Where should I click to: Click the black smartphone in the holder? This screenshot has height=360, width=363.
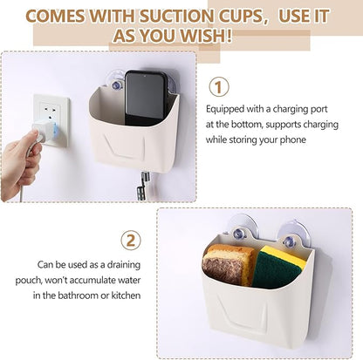[x=146, y=98]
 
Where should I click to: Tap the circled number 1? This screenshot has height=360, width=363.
[x=219, y=87]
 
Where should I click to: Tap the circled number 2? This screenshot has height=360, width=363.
[x=131, y=240]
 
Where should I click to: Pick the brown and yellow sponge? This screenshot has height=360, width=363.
[x=228, y=265]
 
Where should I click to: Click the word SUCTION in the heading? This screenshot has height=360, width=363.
[x=178, y=16]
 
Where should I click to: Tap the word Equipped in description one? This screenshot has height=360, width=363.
[x=225, y=110]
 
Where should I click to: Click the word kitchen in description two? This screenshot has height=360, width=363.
[x=126, y=295]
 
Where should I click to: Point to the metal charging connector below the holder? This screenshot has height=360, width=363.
[x=143, y=185]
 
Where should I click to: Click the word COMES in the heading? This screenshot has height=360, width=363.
[x=55, y=16]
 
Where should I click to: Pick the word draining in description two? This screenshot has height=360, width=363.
[x=124, y=265]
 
